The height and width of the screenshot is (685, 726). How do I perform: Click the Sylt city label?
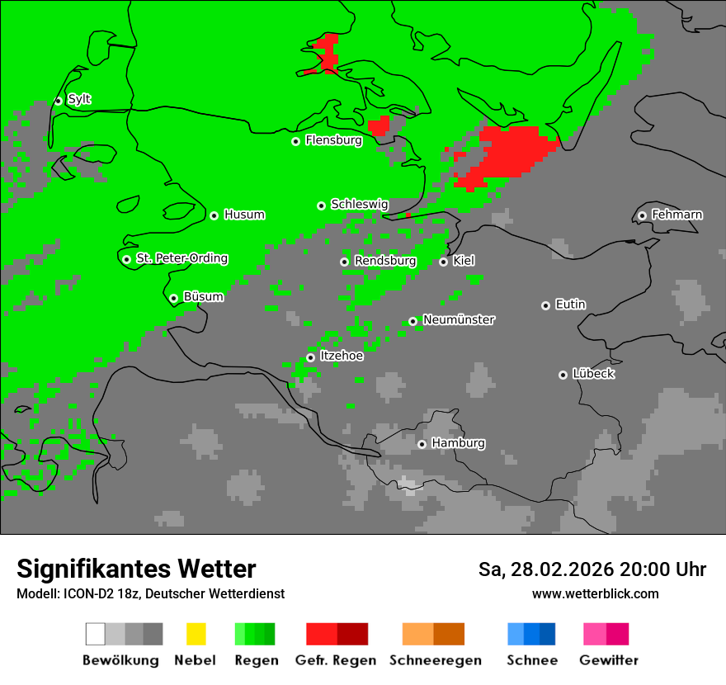79,100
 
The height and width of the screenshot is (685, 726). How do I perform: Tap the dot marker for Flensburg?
295,141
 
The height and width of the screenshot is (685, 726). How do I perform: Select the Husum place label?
244,215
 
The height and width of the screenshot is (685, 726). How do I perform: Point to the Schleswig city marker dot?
321,205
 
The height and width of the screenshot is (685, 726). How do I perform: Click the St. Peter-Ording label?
181,259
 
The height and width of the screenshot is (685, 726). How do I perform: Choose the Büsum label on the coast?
203,297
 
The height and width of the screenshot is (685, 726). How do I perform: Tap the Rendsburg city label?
384,262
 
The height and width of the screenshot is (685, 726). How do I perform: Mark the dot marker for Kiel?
443,262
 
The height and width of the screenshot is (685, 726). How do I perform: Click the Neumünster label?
459,320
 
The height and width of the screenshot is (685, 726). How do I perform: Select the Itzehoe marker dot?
310,357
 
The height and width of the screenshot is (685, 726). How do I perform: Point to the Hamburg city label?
458,444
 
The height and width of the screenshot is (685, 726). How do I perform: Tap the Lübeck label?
593,375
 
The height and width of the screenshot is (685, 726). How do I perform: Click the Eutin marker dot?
545,305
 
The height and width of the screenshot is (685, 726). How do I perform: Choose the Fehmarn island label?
676,215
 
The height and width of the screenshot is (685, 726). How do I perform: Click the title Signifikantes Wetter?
136,569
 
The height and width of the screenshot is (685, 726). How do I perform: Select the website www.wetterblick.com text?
595,594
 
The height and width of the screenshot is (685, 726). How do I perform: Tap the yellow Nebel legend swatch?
196,634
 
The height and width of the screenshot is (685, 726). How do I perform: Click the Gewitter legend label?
608,660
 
